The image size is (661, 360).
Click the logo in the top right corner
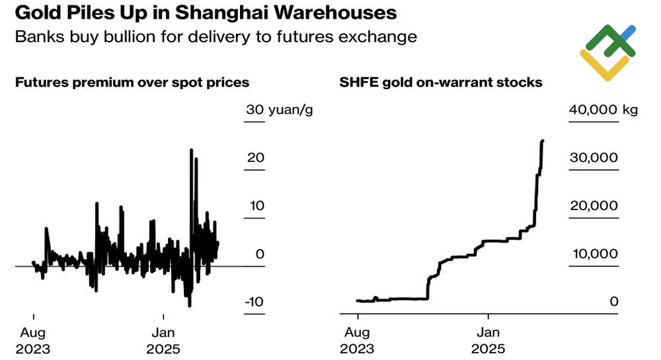point(607,52)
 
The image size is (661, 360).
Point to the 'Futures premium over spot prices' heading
point(132,83)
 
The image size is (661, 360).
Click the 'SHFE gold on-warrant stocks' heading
point(441,83)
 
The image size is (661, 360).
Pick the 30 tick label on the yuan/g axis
point(254,110)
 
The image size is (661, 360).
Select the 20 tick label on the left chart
point(256,158)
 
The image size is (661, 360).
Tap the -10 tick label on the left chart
point(254,303)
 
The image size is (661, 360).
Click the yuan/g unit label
point(290,110)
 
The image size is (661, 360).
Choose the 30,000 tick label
point(593,158)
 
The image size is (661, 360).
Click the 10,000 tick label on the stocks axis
point(593,254)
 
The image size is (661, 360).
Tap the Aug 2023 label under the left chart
point(33,341)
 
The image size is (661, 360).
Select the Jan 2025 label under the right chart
point(488,341)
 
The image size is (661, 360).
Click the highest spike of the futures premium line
point(191,150)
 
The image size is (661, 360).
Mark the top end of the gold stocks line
point(543,141)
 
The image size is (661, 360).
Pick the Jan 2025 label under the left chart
point(163,341)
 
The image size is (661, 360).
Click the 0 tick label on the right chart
point(613,303)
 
